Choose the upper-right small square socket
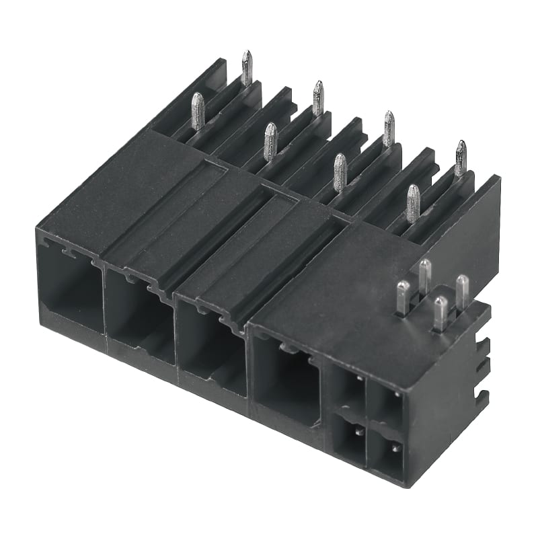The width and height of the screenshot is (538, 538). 386,403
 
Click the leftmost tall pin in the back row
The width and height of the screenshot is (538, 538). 247,67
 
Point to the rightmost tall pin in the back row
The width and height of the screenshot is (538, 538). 461,157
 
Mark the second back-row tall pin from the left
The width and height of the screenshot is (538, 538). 318,98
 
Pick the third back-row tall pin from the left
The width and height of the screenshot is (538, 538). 389,128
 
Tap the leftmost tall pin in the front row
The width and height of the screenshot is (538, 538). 198,110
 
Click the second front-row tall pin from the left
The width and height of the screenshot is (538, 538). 270,141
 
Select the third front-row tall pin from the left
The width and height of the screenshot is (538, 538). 340,171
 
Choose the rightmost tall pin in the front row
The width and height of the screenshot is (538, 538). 412,202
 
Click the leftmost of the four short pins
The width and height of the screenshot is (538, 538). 402,297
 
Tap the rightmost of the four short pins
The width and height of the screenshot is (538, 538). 462,289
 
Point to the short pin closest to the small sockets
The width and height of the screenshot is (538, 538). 440,313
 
